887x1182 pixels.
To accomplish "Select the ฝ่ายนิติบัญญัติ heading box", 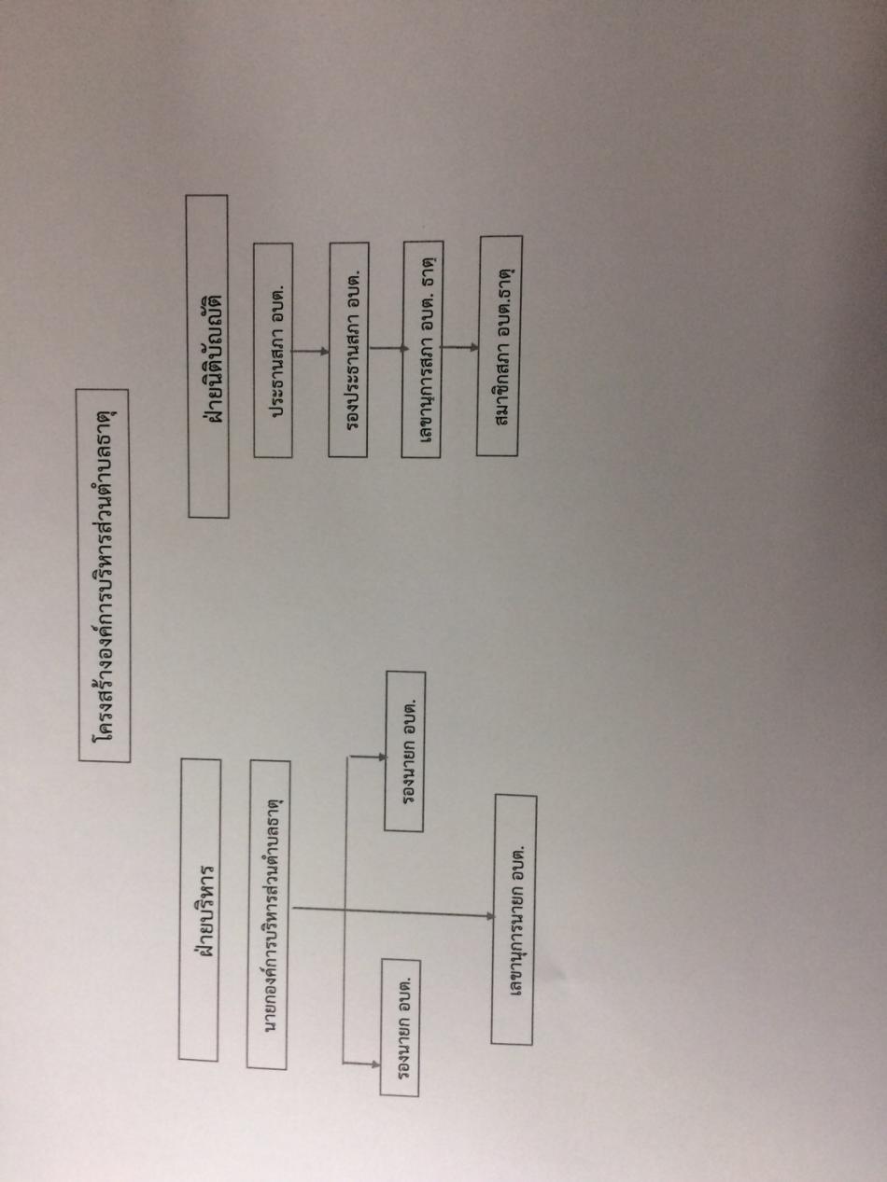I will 207,355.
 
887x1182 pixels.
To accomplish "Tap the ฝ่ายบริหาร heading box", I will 199,909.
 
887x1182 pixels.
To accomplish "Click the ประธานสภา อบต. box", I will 274,350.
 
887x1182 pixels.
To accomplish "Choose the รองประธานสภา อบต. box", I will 348,349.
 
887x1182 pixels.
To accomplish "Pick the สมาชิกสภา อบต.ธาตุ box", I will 500,345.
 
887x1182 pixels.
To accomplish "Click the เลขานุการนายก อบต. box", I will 514,919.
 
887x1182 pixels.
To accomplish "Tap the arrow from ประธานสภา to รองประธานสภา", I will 311,352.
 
